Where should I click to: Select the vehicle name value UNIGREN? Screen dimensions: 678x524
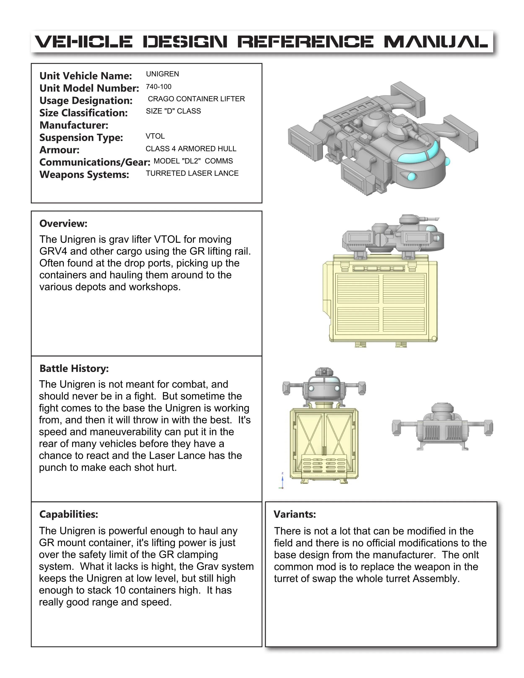pyautogui.click(x=162, y=74)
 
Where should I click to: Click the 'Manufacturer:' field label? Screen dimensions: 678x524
pyautogui.click(x=74, y=125)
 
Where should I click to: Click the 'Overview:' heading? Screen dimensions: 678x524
pyautogui.click(x=63, y=223)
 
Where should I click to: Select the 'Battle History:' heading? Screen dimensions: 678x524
pyautogui.click(x=74, y=368)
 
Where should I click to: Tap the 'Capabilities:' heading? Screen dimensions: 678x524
pyautogui.click(x=69, y=514)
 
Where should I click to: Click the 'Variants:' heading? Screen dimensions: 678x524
pyautogui.click(x=295, y=514)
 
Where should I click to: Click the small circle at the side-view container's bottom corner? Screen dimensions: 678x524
pyautogui.click(x=434, y=338)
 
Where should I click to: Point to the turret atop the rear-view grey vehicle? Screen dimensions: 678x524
pyautogui.click(x=442, y=410)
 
